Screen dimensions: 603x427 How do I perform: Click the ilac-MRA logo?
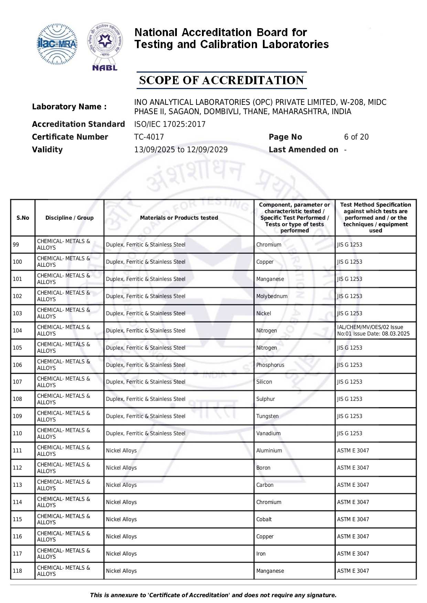point(57,44)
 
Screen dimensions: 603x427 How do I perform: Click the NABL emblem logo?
point(105,47)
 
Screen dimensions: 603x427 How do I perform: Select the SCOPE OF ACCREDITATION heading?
point(221,80)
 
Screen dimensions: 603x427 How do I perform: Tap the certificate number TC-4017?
point(149,137)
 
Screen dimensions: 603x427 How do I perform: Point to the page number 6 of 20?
point(356,137)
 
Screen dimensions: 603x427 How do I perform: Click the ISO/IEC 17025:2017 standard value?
point(170,124)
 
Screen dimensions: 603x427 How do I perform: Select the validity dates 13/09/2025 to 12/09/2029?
point(181,150)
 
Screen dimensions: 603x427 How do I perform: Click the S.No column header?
point(23,218)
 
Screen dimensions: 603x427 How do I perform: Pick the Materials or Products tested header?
point(179,218)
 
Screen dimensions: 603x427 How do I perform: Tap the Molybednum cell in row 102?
point(272,296)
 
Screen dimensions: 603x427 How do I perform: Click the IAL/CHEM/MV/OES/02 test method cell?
point(373,330)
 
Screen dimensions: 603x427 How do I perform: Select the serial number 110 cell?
point(18,433)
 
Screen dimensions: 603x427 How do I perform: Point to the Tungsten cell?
point(267,416)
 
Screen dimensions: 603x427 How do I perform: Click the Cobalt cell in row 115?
point(264,519)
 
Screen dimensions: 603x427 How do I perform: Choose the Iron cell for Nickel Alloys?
point(261,553)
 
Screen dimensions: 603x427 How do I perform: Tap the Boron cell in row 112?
point(263,468)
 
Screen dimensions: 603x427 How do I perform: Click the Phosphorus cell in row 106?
point(270,365)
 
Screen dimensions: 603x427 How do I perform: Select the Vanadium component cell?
point(268,433)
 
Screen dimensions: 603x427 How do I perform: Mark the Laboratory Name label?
point(69,107)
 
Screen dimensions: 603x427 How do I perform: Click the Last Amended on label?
point(303,150)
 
